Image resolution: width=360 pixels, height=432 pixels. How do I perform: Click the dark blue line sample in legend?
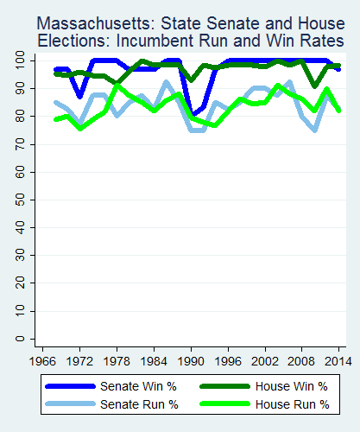click(72, 386)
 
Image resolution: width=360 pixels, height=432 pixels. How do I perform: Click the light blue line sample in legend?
click(72, 403)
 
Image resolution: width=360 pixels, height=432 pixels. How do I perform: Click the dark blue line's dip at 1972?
click(80, 97)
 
